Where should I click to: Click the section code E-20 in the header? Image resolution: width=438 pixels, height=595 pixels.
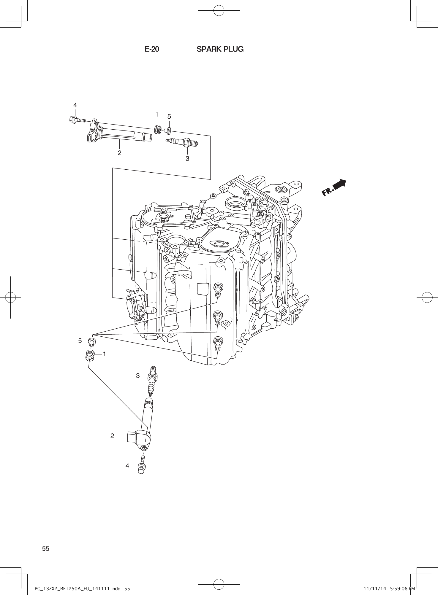(x=152, y=49)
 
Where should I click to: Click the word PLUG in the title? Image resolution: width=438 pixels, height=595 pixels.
(x=233, y=49)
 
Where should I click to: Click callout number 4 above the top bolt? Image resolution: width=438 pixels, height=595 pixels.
(x=75, y=105)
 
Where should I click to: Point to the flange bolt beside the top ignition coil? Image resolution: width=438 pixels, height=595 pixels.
(x=76, y=120)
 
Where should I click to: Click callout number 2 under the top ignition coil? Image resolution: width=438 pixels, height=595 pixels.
(x=119, y=153)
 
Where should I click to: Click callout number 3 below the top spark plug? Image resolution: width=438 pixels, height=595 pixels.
(x=187, y=159)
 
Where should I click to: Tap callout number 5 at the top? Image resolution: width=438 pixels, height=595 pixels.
(x=169, y=117)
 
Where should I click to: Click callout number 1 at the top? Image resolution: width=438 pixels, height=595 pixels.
(x=156, y=114)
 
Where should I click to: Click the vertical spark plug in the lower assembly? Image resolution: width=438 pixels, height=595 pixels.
(x=153, y=381)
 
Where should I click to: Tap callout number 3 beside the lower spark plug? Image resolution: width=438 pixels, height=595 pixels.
(x=138, y=376)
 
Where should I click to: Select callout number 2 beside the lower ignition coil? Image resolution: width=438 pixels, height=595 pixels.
(x=112, y=436)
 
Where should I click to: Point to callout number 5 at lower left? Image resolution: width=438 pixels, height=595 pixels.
(x=80, y=341)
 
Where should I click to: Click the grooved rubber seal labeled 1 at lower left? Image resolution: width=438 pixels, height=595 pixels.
(x=89, y=356)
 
